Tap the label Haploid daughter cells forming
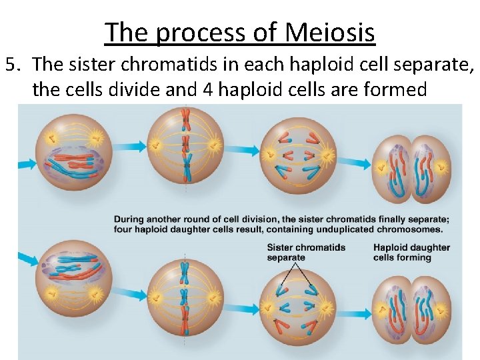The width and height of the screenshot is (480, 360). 411,252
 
